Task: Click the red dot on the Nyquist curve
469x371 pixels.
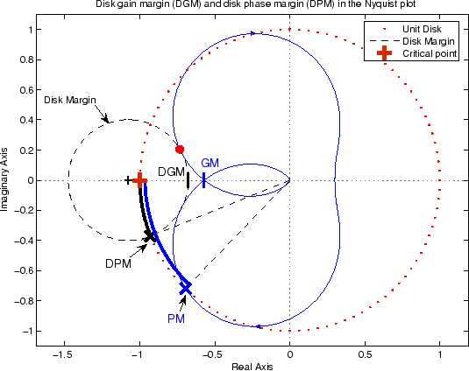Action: (180, 150)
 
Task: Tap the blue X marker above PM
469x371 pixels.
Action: (186, 287)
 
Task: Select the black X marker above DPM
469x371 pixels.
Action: (151, 235)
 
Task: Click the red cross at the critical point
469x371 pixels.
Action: (139, 179)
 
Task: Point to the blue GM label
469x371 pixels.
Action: (210, 164)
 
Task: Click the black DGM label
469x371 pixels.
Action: (172, 171)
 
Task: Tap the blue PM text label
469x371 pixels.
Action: (176, 319)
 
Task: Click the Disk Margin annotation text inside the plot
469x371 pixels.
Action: (69, 100)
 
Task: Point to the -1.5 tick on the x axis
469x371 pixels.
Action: (61, 358)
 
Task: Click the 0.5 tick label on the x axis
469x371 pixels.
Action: (365, 358)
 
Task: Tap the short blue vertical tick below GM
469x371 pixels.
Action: (204, 180)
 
